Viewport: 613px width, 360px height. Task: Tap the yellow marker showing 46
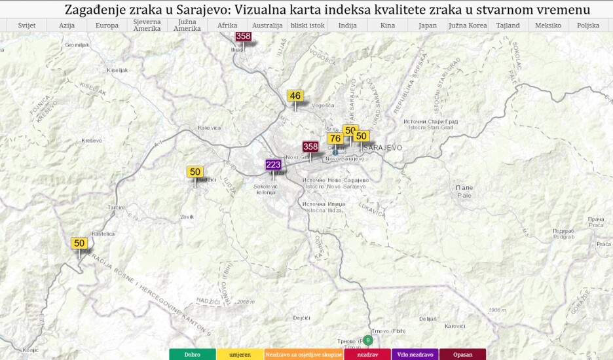(x=295, y=96)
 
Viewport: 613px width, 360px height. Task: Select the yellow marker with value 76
(x=335, y=138)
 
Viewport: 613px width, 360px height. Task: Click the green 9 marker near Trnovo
(x=369, y=340)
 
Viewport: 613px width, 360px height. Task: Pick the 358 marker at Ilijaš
(x=243, y=36)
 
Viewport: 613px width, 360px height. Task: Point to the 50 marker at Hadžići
(x=195, y=172)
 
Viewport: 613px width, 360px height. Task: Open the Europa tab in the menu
(x=107, y=26)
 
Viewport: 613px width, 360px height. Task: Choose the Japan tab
(x=427, y=26)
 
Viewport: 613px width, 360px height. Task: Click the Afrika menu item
(x=227, y=26)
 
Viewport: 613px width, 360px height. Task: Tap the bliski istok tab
(x=307, y=26)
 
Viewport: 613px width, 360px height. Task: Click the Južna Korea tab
(x=468, y=26)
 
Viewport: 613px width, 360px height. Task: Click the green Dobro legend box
(x=193, y=354)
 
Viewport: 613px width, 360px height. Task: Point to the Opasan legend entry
(x=462, y=354)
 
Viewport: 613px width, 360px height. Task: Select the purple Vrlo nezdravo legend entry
(x=414, y=354)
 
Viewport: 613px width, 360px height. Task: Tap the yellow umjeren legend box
(x=240, y=354)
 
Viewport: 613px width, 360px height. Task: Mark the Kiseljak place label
(x=119, y=69)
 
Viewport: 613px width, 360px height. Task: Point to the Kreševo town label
(x=92, y=141)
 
